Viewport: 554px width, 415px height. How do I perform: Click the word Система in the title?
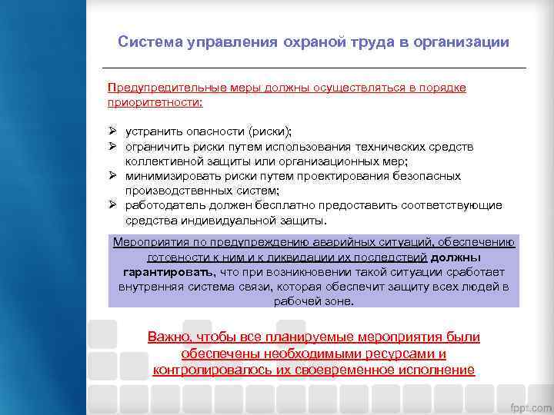[x=149, y=42]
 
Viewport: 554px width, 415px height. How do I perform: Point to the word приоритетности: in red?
[x=155, y=102]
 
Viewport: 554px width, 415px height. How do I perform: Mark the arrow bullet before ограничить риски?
[x=112, y=147]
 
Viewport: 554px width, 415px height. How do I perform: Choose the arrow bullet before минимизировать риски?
[x=112, y=176]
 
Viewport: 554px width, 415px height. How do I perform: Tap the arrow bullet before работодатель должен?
[x=112, y=205]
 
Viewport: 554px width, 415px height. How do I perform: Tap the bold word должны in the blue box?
[x=456, y=257]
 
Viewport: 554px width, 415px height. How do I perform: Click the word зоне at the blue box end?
[x=338, y=301]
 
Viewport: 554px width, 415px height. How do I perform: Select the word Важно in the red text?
[x=169, y=337]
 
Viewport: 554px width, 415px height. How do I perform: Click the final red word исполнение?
[x=437, y=370]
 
